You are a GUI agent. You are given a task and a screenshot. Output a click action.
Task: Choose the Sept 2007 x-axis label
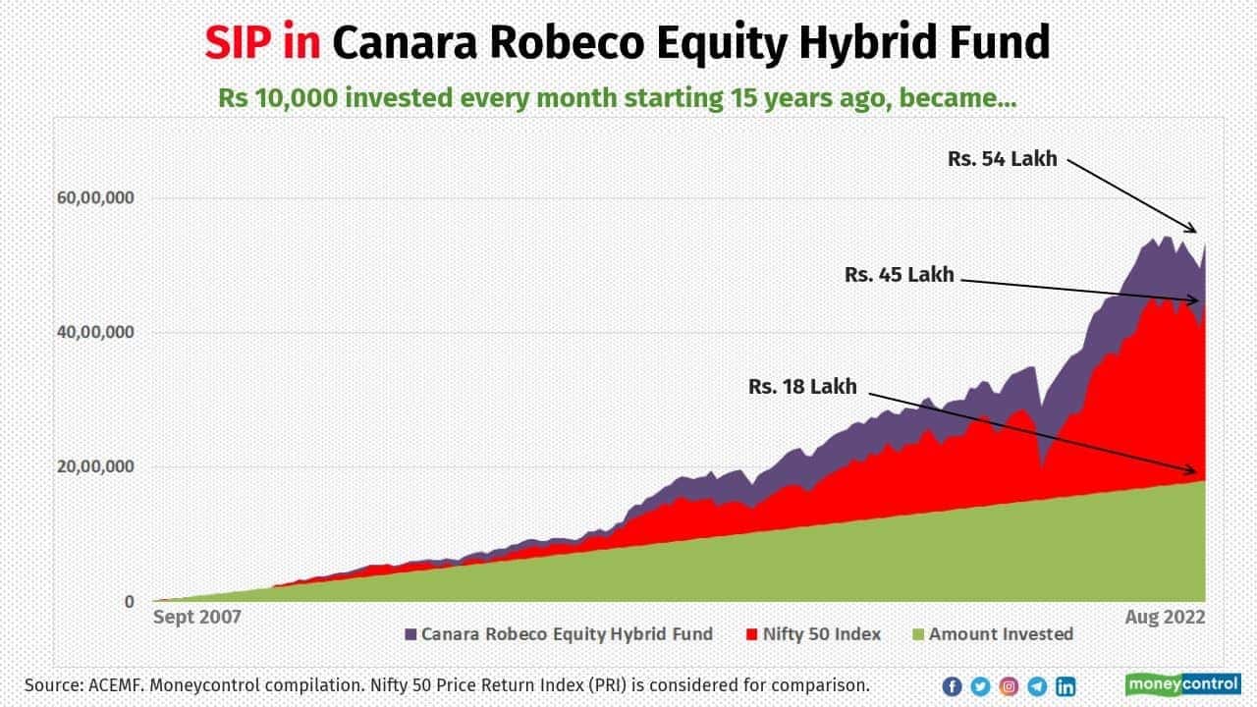pyautogui.click(x=197, y=618)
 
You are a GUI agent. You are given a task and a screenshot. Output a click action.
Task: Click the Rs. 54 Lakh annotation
pyautogui.click(x=1003, y=158)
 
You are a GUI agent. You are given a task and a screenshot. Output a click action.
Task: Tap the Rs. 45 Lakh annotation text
pyautogui.click(x=899, y=276)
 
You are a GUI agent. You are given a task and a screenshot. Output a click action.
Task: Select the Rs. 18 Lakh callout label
pyautogui.click(x=802, y=387)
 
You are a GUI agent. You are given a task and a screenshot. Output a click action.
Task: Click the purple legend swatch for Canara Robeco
pyautogui.click(x=410, y=634)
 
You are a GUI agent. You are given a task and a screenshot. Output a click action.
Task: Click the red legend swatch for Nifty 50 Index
pyautogui.click(x=752, y=634)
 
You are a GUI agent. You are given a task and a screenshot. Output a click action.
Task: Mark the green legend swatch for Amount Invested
pyautogui.click(x=918, y=634)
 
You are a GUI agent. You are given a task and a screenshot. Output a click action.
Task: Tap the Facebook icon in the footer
pyautogui.click(x=952, y=686)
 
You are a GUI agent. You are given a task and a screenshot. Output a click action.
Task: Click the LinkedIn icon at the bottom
pyautogui.click(x=1065, y=686)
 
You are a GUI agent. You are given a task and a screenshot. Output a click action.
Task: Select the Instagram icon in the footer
pyautogui.click(x=1009, y=686)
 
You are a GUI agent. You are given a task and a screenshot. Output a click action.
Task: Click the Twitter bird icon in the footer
pyautogui.click(x=980, y=686)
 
